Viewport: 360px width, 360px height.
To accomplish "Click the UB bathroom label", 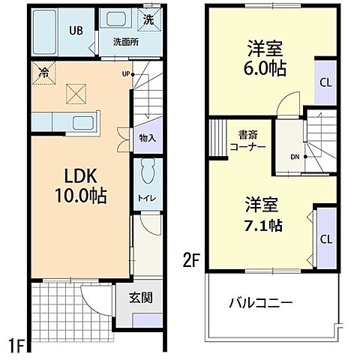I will [x=75, y=31].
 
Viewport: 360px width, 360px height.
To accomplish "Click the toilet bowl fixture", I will [x=148, y=172].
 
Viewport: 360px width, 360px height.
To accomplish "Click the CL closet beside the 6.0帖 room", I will [x=326, y=82].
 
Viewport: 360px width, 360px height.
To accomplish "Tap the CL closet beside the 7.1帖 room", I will [x=326, y=239].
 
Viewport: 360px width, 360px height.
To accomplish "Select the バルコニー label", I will [x=261, y=303].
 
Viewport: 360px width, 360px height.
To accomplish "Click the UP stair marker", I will [x=127, y=73].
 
